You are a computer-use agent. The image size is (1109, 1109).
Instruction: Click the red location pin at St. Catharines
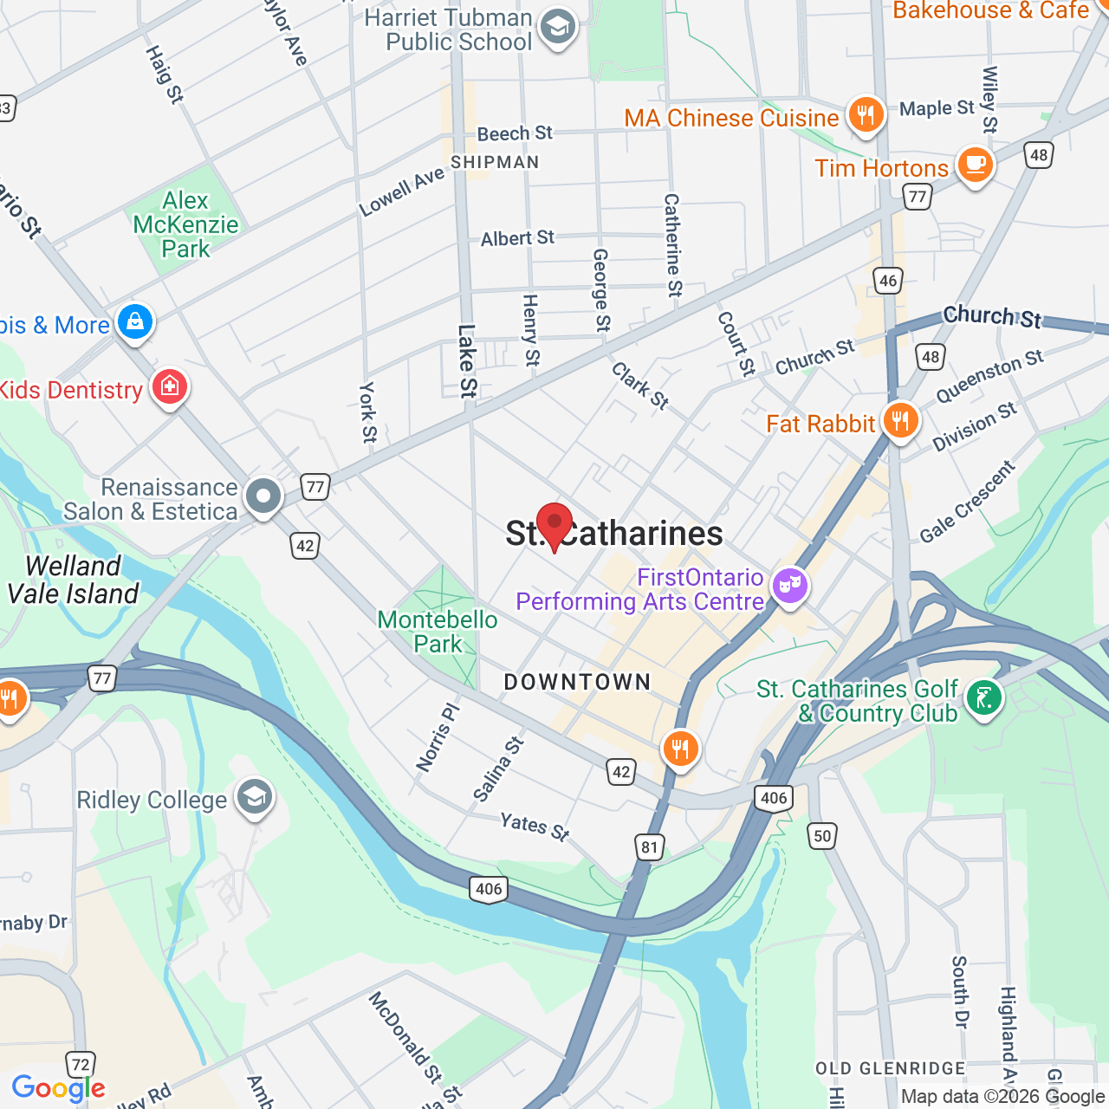554,523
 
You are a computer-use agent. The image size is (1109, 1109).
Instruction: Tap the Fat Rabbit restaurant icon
901,421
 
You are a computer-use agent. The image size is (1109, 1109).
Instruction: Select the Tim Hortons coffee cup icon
975,165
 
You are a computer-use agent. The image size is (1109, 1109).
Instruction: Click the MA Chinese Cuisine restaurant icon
866,114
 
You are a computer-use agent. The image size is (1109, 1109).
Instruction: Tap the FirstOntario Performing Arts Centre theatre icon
789,587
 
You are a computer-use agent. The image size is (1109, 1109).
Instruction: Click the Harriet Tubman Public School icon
557,28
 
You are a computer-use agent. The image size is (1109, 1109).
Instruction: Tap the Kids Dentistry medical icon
170,387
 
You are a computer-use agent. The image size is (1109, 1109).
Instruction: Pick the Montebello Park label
438,632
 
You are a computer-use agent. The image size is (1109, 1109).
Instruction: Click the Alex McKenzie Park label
185,224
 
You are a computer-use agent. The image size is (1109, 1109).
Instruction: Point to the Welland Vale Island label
73,580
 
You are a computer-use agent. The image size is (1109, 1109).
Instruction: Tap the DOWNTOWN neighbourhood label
577,682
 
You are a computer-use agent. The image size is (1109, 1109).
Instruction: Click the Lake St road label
467,360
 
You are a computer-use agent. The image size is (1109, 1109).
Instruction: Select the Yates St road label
535,826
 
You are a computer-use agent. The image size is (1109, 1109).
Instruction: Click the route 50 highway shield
822,836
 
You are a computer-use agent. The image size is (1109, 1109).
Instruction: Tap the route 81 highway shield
650,846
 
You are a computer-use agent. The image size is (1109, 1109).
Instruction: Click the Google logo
58,1088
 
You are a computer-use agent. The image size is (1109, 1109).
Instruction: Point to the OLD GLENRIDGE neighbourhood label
891,1068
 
